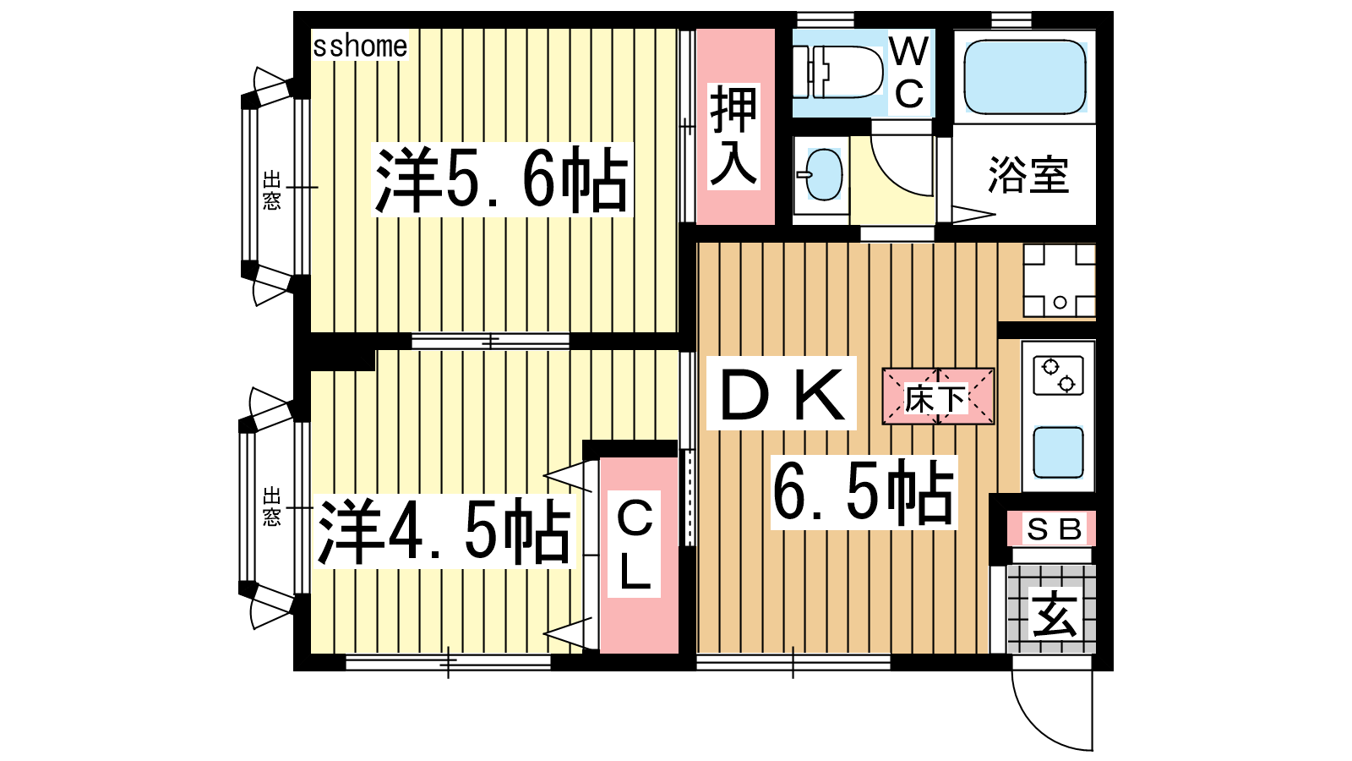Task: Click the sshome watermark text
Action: pos(360,47)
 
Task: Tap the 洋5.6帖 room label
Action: pos(502,179)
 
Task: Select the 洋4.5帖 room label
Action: pos(444,531)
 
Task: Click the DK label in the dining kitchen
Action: pos(782,393)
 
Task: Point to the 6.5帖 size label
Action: pos(864,492)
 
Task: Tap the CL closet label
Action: pos(634,545)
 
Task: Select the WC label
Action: pos(909,72)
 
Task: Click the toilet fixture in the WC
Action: pos(837,73)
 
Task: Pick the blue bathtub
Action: pos(1025,77)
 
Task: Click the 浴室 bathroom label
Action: pos(1028,175)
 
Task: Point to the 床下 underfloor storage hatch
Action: pos(938,397)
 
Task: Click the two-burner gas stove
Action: pos(1059,375)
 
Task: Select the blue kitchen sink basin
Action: pos(1058,452)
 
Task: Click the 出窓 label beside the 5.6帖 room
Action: pos(272,190)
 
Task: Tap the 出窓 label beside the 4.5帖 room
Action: pos(272,506)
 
